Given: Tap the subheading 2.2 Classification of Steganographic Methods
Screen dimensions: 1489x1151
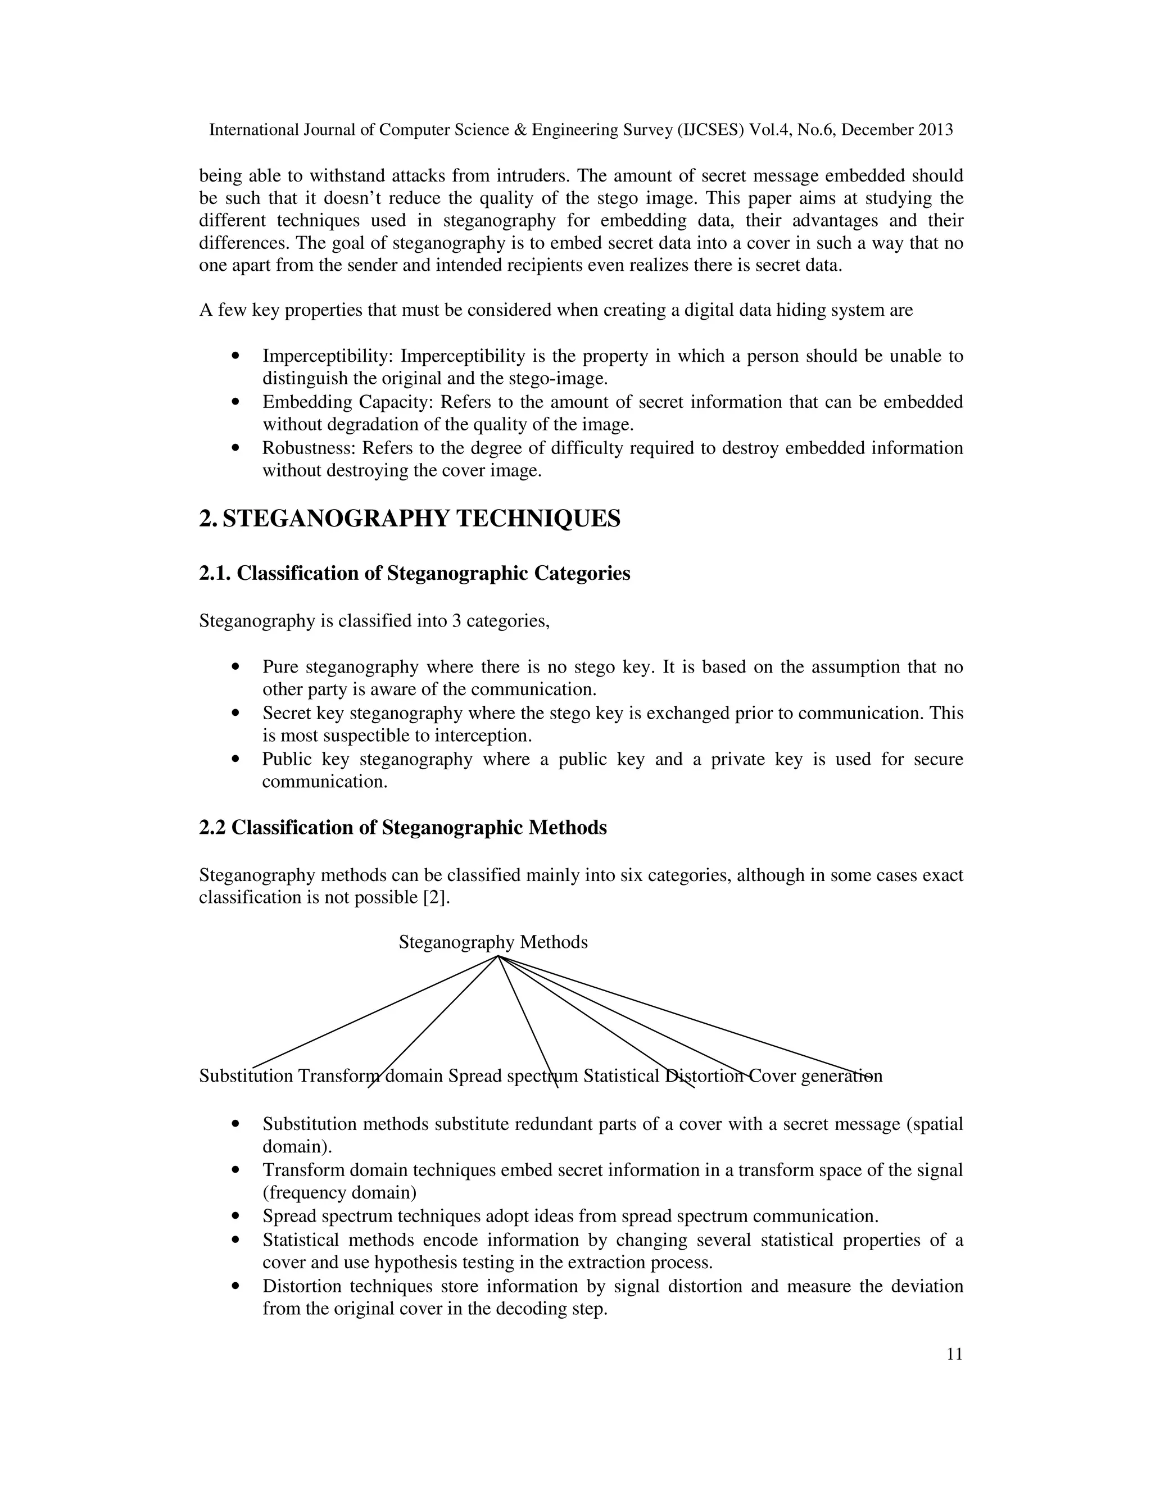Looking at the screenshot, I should tap(403, 828).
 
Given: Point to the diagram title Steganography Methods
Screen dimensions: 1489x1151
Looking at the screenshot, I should tap(493, 942).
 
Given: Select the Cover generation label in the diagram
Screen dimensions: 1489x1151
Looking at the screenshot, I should tap(815, 1076).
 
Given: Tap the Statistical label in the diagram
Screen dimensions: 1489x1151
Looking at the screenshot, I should tap(621, 1076).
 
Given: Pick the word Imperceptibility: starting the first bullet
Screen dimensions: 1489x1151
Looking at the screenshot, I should tap(328, 356).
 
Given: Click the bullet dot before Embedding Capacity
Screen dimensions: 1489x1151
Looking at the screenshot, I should tap(236, 402).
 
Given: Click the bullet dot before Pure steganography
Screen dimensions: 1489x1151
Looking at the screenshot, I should tap(236, 667).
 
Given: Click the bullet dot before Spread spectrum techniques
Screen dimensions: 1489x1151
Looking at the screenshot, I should tap(236, 1216).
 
